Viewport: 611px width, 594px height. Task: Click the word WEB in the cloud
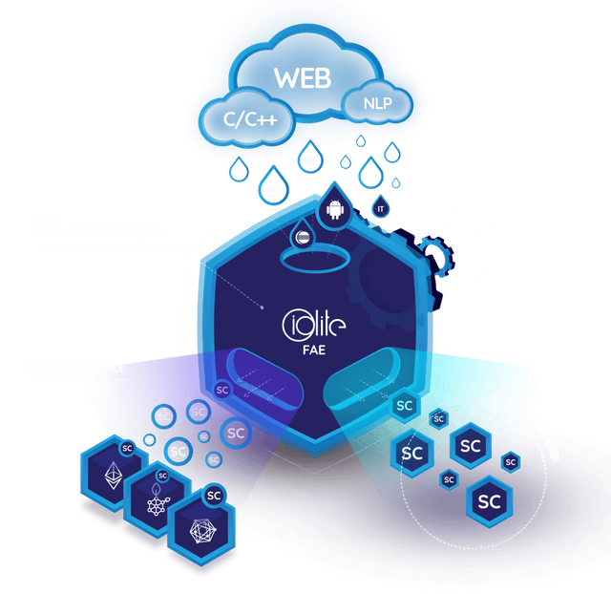[302, 77]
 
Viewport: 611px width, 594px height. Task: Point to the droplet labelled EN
[370, 175]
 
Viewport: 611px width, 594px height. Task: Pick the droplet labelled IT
[381, 205]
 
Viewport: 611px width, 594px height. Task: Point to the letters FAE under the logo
[315, 350]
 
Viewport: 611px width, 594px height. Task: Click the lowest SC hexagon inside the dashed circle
[489, 499]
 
